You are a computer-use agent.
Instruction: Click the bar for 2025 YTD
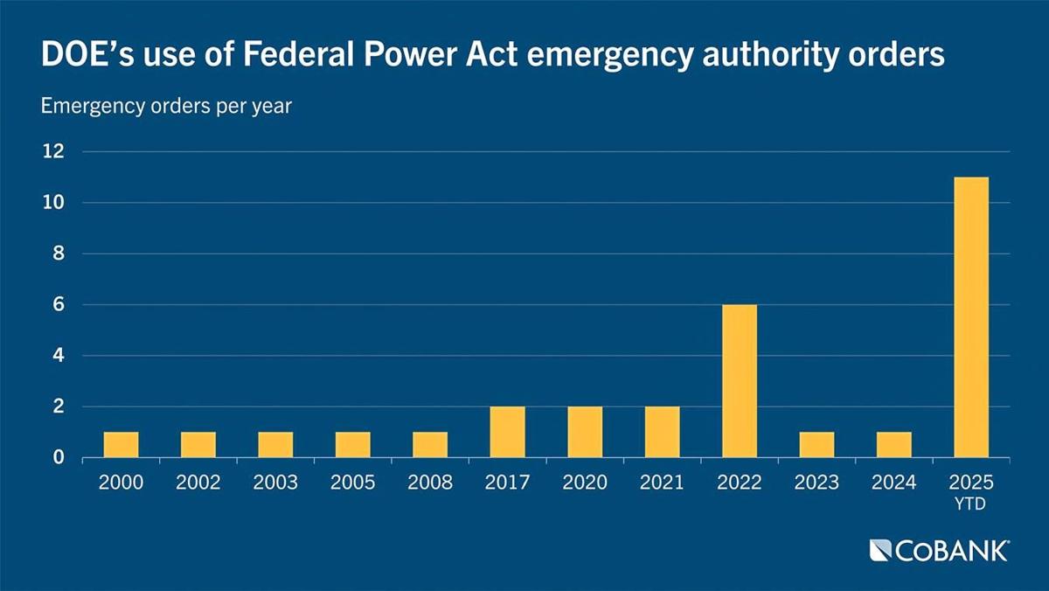pos(971,317)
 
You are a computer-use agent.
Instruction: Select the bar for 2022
pos(740,381)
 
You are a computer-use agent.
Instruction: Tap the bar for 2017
pos(508,432)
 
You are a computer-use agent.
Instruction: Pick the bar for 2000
pos(122,445)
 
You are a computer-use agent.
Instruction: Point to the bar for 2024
pos(894,445)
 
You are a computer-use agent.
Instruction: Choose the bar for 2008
pos(430,445)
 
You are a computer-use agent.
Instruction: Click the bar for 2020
pos(585,432)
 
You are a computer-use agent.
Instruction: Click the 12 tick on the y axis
pos(53,152)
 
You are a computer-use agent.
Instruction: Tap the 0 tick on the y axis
pos(59,458)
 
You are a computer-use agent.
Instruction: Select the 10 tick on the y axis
pos(53,203)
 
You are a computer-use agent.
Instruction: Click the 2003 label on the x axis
pos(275,483)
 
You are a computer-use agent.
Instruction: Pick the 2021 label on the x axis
pos(662,483)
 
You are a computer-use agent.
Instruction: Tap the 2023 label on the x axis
pos(816,483)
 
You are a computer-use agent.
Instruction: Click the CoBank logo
pos(940,550)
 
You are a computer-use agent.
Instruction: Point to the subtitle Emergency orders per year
pos(166,107)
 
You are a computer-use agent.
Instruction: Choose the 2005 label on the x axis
pos(353,483)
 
